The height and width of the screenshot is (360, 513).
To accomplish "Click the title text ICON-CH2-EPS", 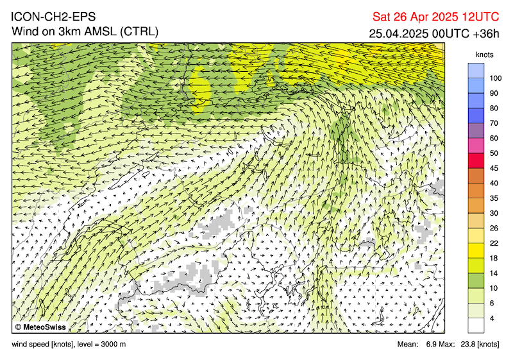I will click(x=53, y=17).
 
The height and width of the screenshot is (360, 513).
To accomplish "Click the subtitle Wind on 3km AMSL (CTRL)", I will click(x=85, y=31).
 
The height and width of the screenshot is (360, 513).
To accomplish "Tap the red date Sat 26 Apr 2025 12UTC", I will click(x=435, y=17).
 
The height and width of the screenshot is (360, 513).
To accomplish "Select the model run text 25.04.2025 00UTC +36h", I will click(x=434, y=33).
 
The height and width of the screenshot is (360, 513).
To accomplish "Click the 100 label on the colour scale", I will click(x=495, y=78).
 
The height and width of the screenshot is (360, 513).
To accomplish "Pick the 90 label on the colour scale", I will click(x=493, y=93).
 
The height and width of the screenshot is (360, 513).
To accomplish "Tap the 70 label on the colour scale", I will click(x=493, y=123).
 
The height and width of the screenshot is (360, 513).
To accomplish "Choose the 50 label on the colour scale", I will click(x=493, y=153).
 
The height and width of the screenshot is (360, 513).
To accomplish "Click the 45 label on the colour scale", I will click(x=493, y=168).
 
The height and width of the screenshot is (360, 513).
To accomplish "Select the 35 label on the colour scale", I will click(x=493, y=198).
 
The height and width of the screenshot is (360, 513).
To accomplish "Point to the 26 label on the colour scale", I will click(x=493, y=228).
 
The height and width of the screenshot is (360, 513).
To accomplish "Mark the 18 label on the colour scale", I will click(x=493, y=258).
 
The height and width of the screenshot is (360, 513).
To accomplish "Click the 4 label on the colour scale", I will click(x=492, y=318).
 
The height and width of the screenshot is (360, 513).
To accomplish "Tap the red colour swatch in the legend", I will click(x=476, y=160).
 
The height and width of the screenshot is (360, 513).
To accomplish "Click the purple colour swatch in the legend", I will click(x=476, y=130).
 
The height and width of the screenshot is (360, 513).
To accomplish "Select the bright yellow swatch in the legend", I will click(x=476, y=250).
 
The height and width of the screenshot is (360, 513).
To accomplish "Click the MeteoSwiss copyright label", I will click(x=40, y=327).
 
